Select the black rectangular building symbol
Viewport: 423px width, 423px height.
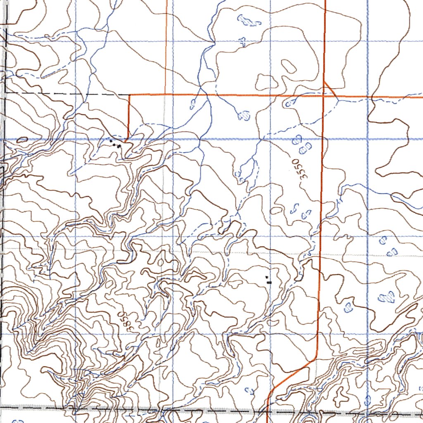(269, 282)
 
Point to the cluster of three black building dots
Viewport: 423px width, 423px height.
(115, 143)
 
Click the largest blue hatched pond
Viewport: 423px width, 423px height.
(387, 297)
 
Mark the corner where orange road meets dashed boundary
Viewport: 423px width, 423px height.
(130, 95)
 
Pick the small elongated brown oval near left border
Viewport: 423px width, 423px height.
(21, 140)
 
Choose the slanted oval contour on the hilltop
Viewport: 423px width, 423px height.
(287, 66)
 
